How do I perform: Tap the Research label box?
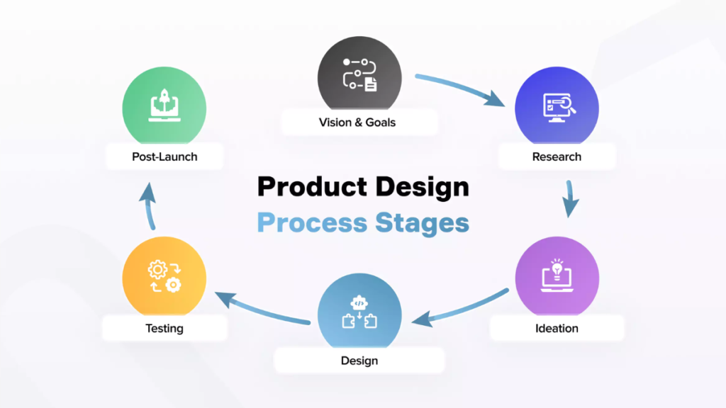pyautogui.click(x=557, y=157)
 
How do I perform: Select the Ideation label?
pyautogui.click(x=557, y=328)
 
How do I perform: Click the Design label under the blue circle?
pyautogui.click(x=359, y=361)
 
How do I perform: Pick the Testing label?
pyautogui.click(x=164, y=328)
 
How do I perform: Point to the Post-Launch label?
pyautogui.click(x=164, y=157)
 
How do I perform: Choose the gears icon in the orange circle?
pyautogui.click(x=164, y=276)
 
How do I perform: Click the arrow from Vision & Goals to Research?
pyautogui.click(x=461, y=89)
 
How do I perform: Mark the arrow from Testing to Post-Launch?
pyautogui.click(x=149, y=205)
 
